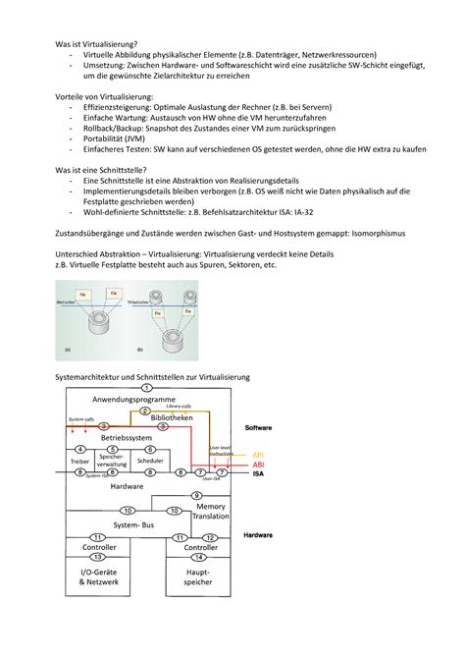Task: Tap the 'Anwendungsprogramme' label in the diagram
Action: point(134,400)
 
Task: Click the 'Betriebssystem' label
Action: point(123,437)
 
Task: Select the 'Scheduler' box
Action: point(150,461)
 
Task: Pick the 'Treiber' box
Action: point(79,461)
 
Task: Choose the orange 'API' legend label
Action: point(258,455)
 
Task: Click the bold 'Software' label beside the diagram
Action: point(258,428)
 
